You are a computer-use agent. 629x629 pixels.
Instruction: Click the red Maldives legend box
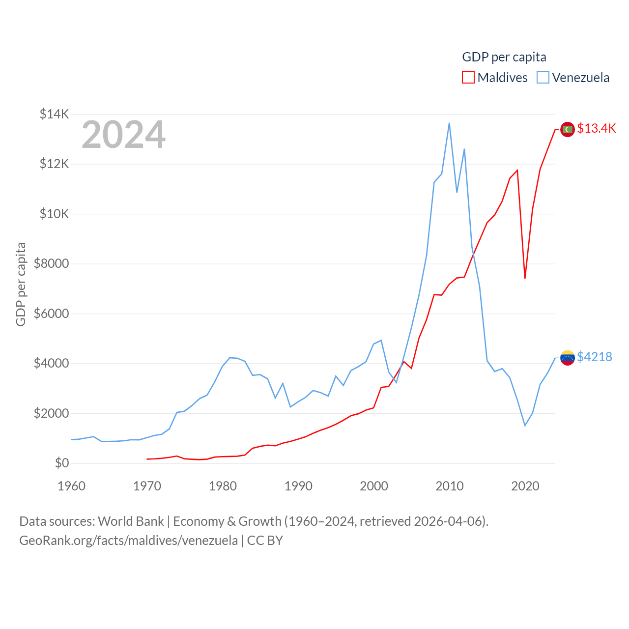point(468,78)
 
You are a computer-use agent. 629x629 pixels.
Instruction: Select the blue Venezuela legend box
point(543,78)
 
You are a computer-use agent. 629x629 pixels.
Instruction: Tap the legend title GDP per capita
point(504,57)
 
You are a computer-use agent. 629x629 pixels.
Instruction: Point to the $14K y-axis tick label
point(54,114)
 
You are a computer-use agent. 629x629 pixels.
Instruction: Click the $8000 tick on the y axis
point(51,264)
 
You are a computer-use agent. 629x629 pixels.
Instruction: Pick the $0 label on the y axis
point(61,463)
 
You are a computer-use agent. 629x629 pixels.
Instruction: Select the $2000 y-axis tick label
point(51,413)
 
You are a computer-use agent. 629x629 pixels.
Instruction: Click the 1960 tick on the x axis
point(71,486)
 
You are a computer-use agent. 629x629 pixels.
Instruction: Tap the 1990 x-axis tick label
point(298,486)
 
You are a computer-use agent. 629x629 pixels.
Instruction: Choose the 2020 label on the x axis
point(525,486)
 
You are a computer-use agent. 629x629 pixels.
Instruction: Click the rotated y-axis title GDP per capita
point(21,284)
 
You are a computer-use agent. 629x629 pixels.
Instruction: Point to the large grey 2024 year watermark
point(123,135)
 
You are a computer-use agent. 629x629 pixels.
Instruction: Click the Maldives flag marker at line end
point(568,129)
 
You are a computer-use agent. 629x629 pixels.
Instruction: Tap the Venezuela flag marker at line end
point(568,358)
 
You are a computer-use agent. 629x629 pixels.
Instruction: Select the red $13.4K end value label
point(596,128)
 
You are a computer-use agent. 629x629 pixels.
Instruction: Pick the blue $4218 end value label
point(595,357)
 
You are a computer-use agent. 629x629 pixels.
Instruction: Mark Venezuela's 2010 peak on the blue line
point(449,123)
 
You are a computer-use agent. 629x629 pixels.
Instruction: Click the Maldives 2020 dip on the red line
point(525,278)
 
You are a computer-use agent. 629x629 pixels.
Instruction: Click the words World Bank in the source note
point(131,521)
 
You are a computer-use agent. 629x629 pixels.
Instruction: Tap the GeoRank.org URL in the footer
point(128,541)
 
